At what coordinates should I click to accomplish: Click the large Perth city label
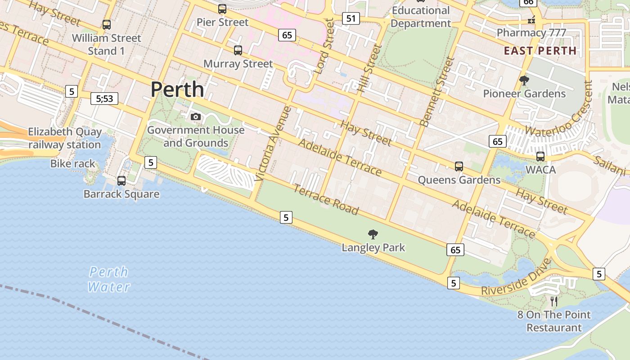[x=177, y=90]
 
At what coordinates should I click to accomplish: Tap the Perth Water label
[x=109, y=279]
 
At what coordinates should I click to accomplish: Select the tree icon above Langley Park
[x=373, y=234]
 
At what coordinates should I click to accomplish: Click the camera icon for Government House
[x=196, y=117]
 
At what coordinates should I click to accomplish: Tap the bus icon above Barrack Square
[x=121, y=181]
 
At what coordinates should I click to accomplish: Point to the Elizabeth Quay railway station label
[x=65, y=138]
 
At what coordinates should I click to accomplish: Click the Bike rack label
[x=73, y=163]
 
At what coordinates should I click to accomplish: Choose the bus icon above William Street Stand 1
[x=107, y=25]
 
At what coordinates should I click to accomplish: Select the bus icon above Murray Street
[x=238, y=50]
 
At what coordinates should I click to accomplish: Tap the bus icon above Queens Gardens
[x=459, y=166]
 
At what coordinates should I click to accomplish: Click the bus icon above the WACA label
[x=540, y=157]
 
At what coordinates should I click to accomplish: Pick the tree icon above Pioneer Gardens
[x=524, y=81]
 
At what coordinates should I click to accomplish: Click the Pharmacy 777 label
[x=531, y=32]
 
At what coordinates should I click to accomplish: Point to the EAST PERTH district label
[x=540, y=50]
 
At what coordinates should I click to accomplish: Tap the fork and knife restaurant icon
[x=554, y=301]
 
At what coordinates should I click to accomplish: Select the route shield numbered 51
[x=351, y=18]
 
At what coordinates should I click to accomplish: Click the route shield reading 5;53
[x=104, y=99]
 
